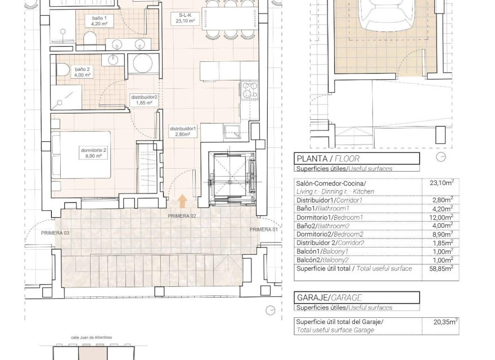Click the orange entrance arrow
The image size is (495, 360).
coord(182,200)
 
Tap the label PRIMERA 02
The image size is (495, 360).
coord(181,215)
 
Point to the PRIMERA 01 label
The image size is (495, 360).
coord(264,229)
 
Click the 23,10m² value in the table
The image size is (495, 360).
coord(442,183)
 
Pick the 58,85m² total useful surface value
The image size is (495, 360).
coord(442,269)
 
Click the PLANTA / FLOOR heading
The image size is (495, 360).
coord(327,159)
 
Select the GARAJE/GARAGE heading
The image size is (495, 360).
coord(328,298)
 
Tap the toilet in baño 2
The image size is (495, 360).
coord(65,70)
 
